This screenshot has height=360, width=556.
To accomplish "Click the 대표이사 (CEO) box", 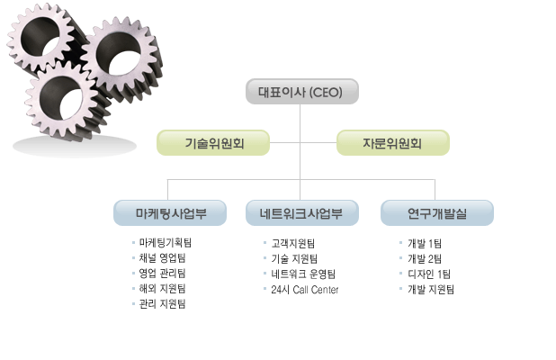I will point(301,92).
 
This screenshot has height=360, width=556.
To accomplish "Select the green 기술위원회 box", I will point(213,142).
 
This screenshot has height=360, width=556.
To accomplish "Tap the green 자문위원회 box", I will point(392,142).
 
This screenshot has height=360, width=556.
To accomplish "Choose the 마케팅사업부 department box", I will point(169,213).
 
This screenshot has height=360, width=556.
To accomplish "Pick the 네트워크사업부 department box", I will point(302,213).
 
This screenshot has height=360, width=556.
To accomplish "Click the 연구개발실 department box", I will point(436,213).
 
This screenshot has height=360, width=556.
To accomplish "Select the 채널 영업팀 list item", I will point(162,258).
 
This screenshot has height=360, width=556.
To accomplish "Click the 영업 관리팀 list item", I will point(162,274).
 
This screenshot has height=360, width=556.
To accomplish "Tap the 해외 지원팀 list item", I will point(162,289).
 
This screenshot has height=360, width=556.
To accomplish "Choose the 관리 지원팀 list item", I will point(162,304).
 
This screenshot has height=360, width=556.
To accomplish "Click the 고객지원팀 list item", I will point(292,243).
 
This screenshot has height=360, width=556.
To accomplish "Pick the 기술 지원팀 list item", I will point(294,258).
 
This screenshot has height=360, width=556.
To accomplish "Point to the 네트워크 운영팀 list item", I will point(302,274).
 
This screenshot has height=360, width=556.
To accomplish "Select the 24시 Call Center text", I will point(304,289).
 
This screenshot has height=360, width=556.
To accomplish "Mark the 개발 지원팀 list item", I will point(431,289).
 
